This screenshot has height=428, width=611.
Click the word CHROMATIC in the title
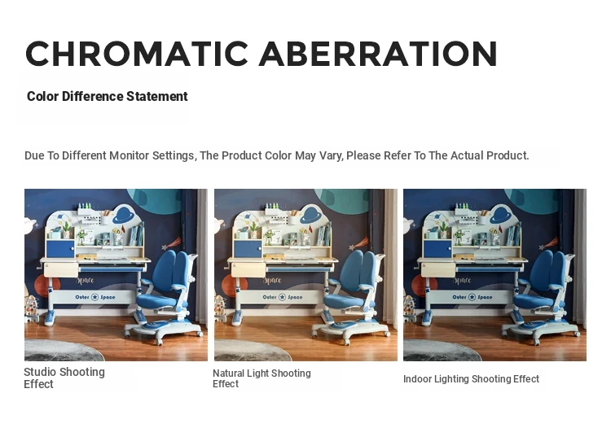click(x=137, y=54)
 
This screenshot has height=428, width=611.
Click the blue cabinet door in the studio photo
click(x=60, y=249)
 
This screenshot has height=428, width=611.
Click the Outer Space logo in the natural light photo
click(x=283, y=297)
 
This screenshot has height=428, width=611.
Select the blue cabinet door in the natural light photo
click(x=248, y=249)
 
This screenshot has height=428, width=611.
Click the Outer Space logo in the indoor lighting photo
click(x=472, y=297)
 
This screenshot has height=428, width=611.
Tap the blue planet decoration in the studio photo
click(x=125, y=215)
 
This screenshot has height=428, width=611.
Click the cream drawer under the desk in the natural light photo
click(x=248, y=269)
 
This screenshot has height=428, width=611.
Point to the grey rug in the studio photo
click(x=63, y=350)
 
